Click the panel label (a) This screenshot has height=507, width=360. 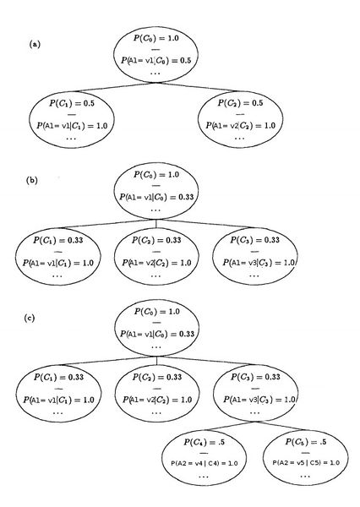point(35,44)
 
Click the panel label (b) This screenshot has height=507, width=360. point(32,180)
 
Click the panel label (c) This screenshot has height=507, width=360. point(30,318)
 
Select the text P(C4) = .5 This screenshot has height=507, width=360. point(204,442)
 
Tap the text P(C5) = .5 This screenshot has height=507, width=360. point(306,442)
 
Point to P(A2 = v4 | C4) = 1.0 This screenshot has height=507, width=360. point(205,463)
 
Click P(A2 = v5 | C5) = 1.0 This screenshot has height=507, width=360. point(306,463)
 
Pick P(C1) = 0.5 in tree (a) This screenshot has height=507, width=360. point(72,103)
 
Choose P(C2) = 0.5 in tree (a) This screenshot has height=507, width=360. point(240,103)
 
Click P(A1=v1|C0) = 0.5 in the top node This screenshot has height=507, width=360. point(155,61)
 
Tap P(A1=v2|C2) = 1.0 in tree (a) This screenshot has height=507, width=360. point(241,125)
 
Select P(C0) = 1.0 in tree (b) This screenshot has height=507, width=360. point(156,175)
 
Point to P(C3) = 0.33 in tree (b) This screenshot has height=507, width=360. point(255,240)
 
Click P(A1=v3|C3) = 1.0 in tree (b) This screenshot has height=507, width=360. point(259,263)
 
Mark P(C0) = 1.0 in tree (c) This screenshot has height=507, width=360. point(157,312)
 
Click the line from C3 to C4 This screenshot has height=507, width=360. point(231,426)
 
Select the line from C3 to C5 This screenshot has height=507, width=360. point(281,426)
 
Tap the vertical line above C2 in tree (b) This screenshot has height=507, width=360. point(156,224)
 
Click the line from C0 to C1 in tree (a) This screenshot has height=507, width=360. point(114,87)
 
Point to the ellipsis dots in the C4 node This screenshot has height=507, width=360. point(204,477)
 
